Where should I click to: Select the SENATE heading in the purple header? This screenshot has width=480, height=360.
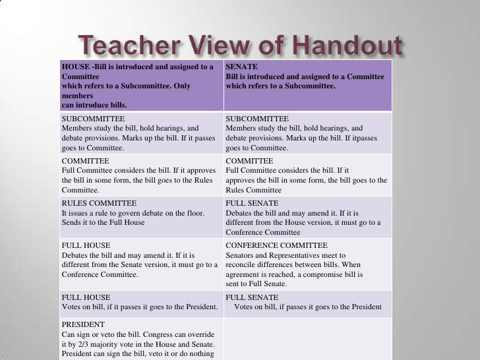(x=240, y=67)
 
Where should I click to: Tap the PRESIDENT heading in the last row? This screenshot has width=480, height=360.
(x=83, y=325)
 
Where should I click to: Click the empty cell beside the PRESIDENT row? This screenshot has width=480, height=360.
(x=308, y=340)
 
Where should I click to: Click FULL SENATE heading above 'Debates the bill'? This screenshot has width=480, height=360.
(x=252, y=203)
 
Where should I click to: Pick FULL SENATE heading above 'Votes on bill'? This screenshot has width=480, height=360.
(x=252, y=297)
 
